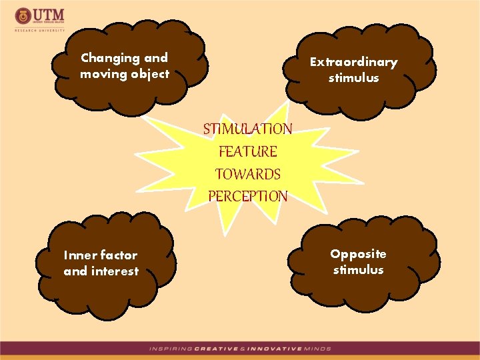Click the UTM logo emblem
tap(23, 15)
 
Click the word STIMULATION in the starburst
tap(247, 128)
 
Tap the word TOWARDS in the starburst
tap(248, 174)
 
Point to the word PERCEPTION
tap(248, 197)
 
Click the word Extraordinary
tap(353, 62)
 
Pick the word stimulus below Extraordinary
tap(353, 78)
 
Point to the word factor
tap(119, 255)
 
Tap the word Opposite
tap(358, 254)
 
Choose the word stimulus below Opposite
tap(358, 270)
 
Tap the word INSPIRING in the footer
tap(170, 349)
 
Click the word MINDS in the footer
tap(317, 349)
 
